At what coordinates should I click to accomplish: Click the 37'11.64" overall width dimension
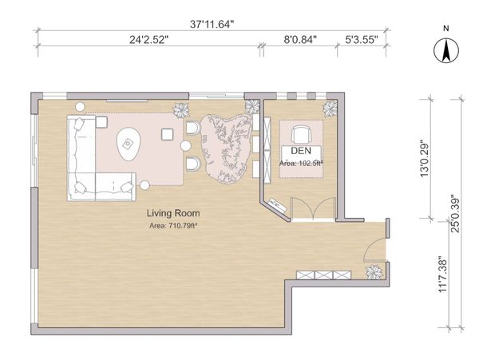point(212,24)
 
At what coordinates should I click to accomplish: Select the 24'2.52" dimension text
point(148,40)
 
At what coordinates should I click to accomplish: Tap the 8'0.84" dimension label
point(300,40)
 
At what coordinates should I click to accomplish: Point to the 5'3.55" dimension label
point(362,40)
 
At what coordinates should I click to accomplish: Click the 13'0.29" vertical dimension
point(425,159)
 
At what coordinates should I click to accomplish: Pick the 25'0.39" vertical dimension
point(455,214)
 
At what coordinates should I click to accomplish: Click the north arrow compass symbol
point(446,50)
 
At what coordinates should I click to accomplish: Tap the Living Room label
point(173,213)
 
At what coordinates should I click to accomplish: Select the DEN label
point(301,151)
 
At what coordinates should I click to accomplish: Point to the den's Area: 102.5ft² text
point(301,164)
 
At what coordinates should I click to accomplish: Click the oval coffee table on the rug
point(129,144)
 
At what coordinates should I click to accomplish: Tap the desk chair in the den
point(302,134)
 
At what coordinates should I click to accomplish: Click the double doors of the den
point(313,208)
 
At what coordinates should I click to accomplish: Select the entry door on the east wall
point(374,249)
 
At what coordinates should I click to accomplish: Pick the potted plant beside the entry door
point(374,271)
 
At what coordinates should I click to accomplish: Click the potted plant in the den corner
point(331,109)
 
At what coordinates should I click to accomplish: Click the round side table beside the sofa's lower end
point(144,185)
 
